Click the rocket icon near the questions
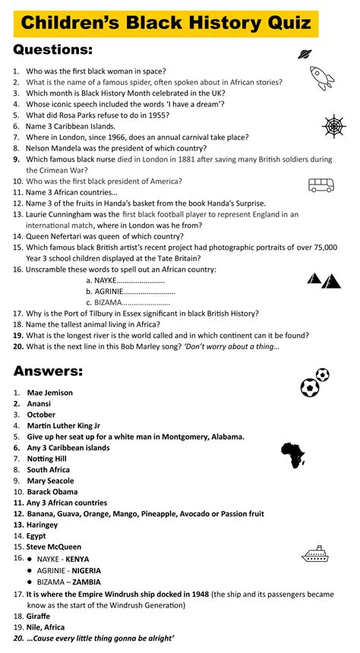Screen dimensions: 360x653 click(322, 77)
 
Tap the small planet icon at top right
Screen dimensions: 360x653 click(305, 53)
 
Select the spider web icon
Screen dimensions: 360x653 click(334, 125)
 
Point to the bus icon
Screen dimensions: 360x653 click(321, 185)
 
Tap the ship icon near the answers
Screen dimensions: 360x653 click(314, 554)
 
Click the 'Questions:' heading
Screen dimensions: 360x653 click(53, 50)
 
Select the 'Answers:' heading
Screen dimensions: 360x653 click(48, 371)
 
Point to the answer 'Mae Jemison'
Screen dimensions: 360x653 click(50, 393)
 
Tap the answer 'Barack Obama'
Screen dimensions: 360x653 click(52, 491)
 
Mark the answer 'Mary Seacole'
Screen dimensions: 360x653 click(50, 481)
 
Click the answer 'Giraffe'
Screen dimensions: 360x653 click(40, 617)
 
